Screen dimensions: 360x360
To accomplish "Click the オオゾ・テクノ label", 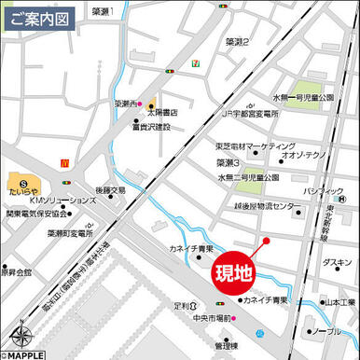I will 304,157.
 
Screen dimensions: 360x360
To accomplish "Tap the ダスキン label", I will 337,263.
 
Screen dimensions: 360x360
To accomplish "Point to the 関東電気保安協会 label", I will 37,214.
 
